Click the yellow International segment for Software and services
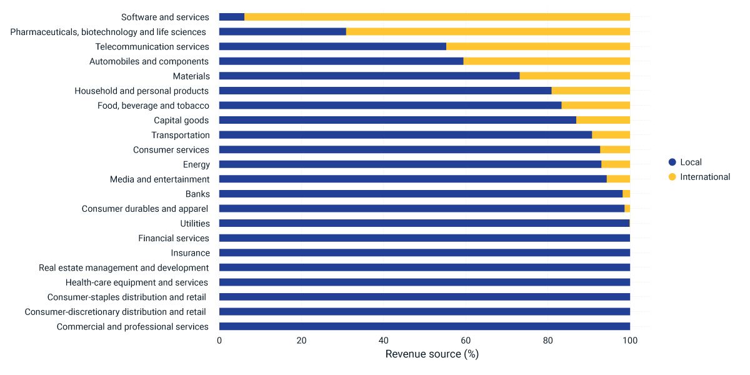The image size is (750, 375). click(437, 17)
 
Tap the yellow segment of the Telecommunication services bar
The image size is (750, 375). click(538, 46)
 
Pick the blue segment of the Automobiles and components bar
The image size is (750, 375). click(341, 61)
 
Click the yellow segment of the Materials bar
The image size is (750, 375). click(575, 76)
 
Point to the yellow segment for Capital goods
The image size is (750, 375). click(603, 120)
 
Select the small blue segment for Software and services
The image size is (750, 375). click(232, 17)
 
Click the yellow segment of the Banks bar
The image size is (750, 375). click(626, 194)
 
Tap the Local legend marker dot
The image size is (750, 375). click(672, 162)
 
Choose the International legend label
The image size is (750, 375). click(705, 177)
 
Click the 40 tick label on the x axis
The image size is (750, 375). click(384, 341)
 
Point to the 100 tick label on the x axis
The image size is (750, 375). click(630, 341)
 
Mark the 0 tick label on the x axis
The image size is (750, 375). click(219, 341)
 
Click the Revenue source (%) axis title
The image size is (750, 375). click(432, 354)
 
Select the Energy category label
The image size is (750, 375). click(196, 164)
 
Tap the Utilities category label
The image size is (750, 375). click(195, 223)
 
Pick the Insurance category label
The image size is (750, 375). click(191, 252)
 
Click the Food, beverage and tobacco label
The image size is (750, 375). click(153, 106)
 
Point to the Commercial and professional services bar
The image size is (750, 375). click(424, 326)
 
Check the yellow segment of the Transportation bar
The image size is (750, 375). click(611, 135)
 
